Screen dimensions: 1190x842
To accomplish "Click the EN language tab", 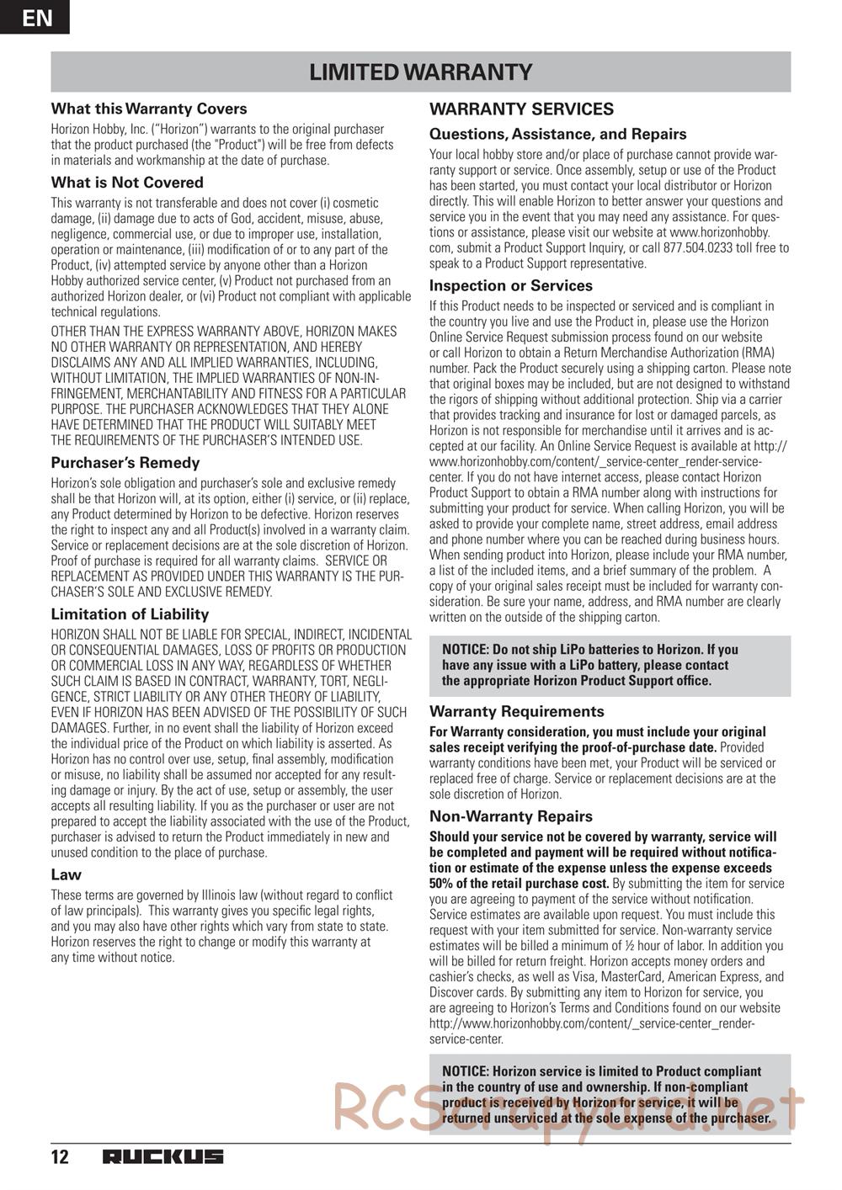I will point(35,17).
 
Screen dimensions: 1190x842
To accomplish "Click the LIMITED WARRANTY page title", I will point(420,72).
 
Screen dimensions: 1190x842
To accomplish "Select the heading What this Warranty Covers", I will point(149,109).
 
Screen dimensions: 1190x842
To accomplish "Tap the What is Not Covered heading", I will point(127,183).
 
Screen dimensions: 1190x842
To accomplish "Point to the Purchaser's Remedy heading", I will point(125,463).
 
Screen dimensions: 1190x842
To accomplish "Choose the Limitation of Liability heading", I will point(130,614).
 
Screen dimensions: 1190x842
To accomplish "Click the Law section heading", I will point(67,874).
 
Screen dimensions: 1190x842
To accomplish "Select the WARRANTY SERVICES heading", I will point(521,109).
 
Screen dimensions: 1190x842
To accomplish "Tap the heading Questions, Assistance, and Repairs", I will point(557,134).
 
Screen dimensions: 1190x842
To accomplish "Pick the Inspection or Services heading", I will point(511,286).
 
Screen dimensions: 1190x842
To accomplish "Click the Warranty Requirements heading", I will point(517,712).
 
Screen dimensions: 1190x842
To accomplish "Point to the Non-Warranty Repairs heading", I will point(511,816).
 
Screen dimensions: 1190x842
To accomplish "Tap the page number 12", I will point(60,1157).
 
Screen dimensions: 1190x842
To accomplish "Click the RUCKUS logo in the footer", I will point(163,1157).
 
